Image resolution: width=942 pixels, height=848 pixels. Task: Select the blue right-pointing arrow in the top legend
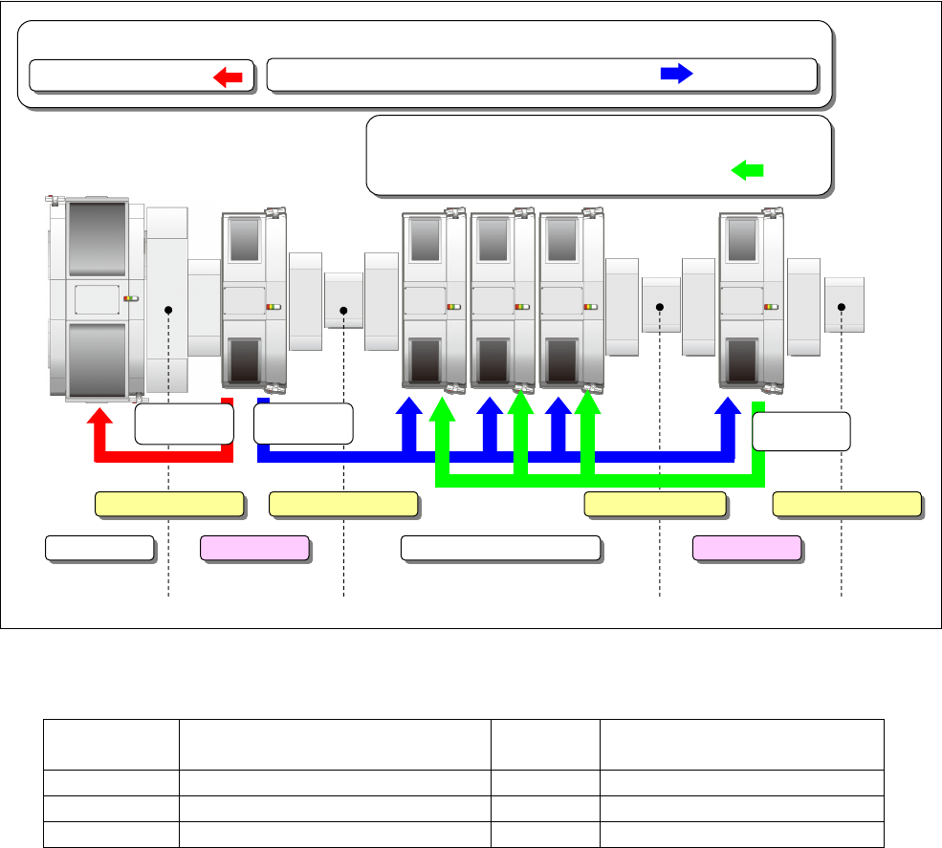point(676,75)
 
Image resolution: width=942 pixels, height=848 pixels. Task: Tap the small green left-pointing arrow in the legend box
point(747,170)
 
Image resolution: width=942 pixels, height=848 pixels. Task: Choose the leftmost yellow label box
point(168,504)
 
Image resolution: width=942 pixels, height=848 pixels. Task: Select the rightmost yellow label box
point(846,504)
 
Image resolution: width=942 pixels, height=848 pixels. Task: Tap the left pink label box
point(254,548)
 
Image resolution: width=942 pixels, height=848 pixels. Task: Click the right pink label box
point(747,548)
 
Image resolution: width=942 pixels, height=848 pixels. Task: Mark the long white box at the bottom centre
point(500,548)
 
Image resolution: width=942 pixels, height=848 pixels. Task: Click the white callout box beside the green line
point(801,431)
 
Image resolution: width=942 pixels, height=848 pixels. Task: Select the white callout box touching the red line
point(184,424)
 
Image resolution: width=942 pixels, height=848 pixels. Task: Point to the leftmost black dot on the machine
point(168,309)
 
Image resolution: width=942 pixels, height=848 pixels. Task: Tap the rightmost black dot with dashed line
point(842,306)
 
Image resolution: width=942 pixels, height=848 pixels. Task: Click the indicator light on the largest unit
point(131,298)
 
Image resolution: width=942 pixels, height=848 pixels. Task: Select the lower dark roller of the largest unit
point(96,358)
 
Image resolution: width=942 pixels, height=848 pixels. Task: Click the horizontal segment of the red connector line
point(163,456)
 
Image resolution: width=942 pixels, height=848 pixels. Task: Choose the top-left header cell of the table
point(111,744)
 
